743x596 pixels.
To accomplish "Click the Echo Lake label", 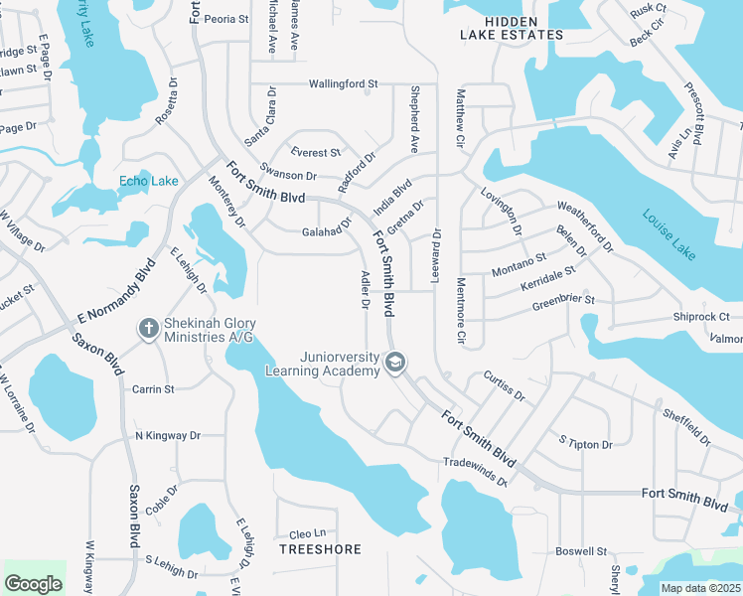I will [149, 180].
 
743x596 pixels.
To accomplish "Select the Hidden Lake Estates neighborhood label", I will [512, 28].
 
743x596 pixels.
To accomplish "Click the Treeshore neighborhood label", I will [320, 549].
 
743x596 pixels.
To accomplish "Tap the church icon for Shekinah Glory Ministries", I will [148, 329].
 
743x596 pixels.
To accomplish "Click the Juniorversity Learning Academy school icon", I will [395, 363].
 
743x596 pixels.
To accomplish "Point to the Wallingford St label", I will [344, 84].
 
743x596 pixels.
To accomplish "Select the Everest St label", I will [316, 153].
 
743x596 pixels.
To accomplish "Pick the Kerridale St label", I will [547, 277].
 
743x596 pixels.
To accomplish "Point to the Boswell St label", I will [581, 550].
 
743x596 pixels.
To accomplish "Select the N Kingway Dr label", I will [168, 435].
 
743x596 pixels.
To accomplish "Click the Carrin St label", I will [153, 388].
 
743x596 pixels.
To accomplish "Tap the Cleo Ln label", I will [307, 533].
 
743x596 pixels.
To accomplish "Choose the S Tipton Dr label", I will [585, 444].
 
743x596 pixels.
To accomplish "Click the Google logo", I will [33, 583].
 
